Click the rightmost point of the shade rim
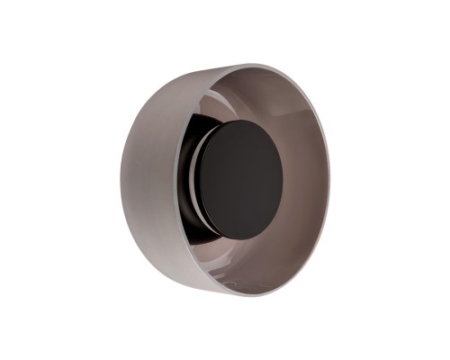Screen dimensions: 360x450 328,180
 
